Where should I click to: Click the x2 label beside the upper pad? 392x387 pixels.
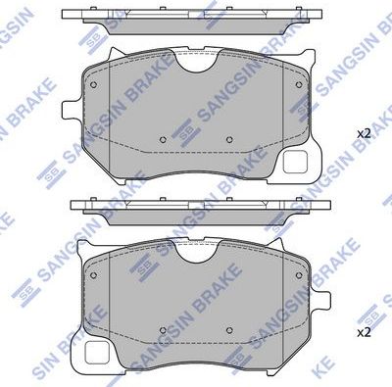click(362, 132)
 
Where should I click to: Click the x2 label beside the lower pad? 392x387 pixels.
click(362, 333)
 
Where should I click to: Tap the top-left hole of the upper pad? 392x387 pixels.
click(93, 83)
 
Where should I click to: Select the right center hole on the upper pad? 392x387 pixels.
click(229, 137)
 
